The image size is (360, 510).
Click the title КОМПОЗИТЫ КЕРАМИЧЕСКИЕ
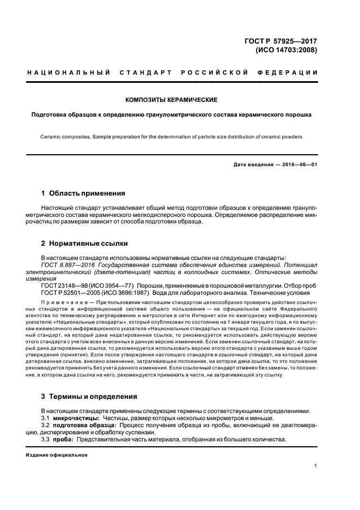click(172, 100)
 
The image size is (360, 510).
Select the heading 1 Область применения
click(83, 193)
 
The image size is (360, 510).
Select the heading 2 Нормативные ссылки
click(84, 243)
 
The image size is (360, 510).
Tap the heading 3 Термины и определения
click(89, 396)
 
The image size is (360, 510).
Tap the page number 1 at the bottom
click(316, 466)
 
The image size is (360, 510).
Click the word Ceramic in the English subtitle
click(50, 136)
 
